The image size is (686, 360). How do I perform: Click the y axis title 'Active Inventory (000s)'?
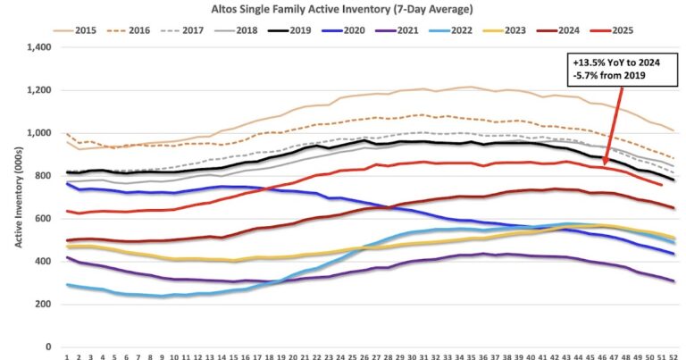click(16, 197)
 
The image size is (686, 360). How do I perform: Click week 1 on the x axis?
click(67, 356)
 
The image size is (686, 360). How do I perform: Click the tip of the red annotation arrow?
click(605, 163)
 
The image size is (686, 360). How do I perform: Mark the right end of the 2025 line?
click(659, 185)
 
